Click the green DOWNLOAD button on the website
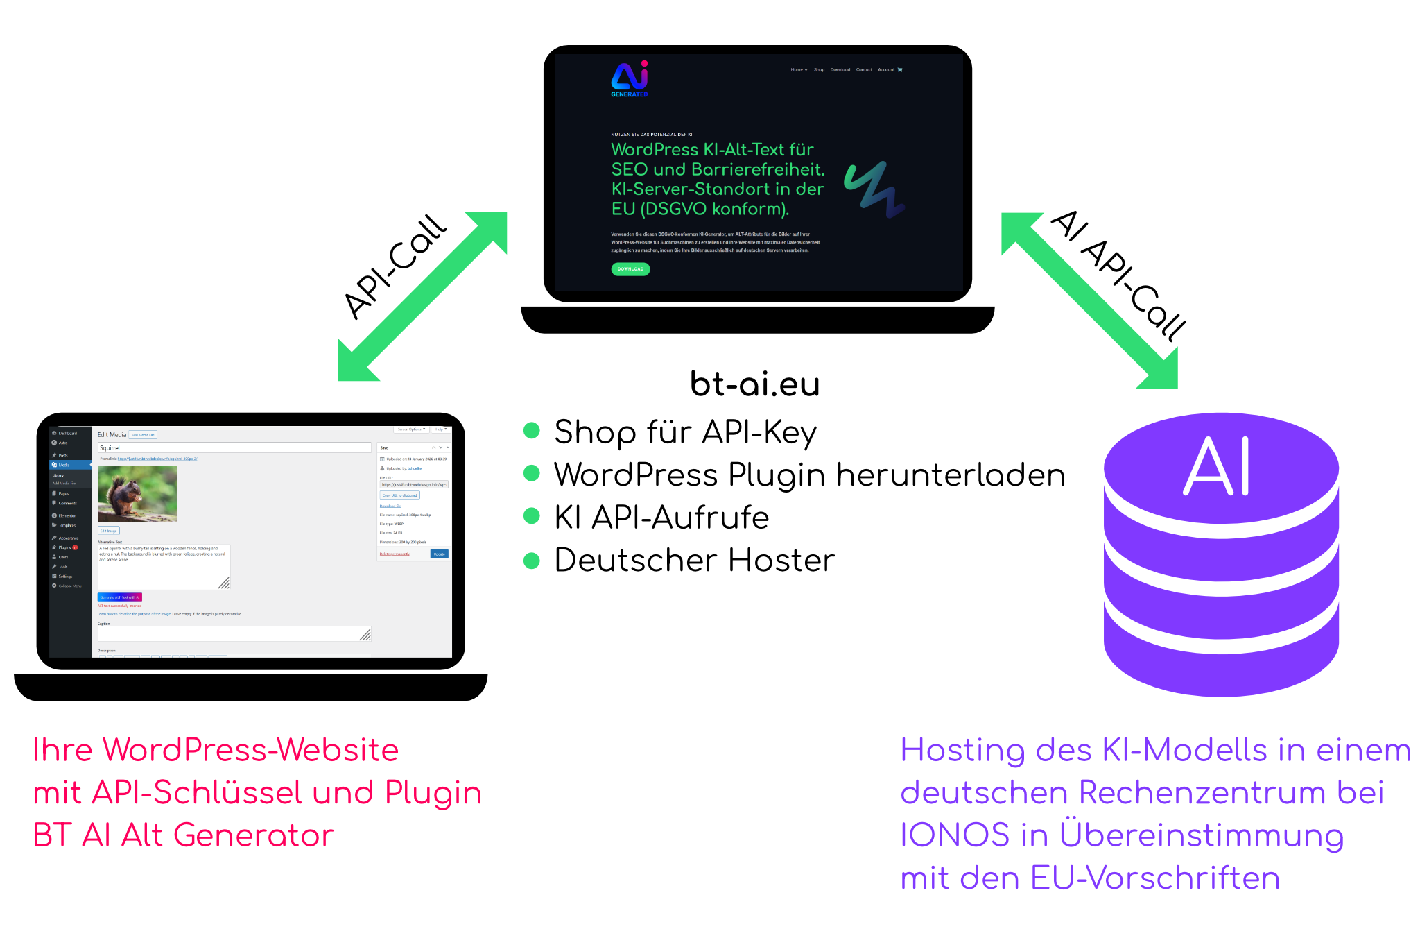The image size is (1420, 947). (630, 269)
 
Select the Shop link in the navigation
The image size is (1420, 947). (819, 70)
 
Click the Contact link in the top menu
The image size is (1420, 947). (864, 70)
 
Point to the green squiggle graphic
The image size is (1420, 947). (874, 189)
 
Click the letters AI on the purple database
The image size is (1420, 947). (1218, 466)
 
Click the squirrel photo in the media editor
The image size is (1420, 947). (137, 493)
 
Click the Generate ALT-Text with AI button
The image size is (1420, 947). (120, 597)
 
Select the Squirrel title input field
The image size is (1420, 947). (234, 448)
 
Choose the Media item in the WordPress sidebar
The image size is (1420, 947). (64, 465)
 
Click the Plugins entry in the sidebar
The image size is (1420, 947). (64, 547)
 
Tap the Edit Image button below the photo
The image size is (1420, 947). (108, 531)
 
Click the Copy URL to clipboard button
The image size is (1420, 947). (400, 495)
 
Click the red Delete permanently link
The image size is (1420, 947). (395, 554)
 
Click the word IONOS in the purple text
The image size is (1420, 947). (955, 835)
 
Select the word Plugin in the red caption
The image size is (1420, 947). (433, 793)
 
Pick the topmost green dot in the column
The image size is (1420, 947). (532, 431)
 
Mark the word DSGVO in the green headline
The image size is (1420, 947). (675, 209)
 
